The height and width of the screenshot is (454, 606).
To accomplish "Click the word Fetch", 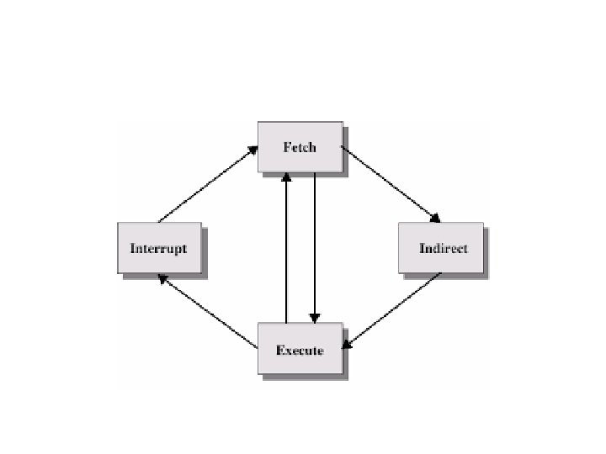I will (300, 147).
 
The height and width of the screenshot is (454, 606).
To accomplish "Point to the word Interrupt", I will (159, 248).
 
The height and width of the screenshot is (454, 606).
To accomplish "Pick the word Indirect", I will (443, 248).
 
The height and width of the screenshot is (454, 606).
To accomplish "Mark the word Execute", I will (300, 350).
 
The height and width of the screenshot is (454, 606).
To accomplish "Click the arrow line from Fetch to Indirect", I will (389, 184).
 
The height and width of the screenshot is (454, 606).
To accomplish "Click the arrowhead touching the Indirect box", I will (434, 218).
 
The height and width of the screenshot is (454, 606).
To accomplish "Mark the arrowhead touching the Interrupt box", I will (162, 279).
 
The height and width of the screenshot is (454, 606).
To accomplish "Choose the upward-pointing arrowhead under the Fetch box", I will (287, 177).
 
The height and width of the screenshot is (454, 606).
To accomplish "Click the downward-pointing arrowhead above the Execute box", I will (314, 318).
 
